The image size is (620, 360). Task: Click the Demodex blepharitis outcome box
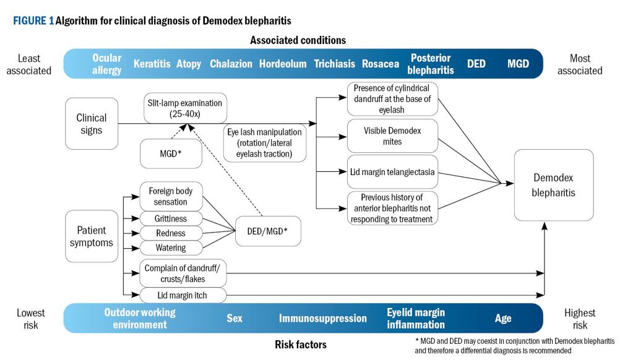pos(554,185)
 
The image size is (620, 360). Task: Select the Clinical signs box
pos(92,124)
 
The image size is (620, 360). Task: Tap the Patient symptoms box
pos(92,236)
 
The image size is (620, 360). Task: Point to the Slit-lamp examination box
pos(185,108)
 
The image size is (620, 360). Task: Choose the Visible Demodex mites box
pos(392,136)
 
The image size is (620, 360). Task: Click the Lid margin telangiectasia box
pos(392,172)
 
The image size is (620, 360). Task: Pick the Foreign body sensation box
pos(171,197)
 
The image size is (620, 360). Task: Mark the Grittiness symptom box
pos(171,218)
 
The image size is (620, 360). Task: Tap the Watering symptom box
pos(171,248)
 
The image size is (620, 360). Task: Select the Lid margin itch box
pos(183,295)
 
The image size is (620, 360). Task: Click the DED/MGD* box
pos(268,231)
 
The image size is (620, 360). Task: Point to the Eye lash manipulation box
pos(265,143)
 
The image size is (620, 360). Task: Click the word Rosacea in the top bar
pos(381,64)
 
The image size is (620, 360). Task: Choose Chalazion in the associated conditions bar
pos(231,64)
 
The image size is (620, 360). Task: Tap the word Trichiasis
pos(335,64)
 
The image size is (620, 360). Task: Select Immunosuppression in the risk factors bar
pos(322,319)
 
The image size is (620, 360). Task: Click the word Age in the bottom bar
pos(503,319)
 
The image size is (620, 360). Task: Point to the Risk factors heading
pos(301,345)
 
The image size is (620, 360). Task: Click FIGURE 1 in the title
pos(33,20)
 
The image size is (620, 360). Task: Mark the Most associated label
pos(580,64)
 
